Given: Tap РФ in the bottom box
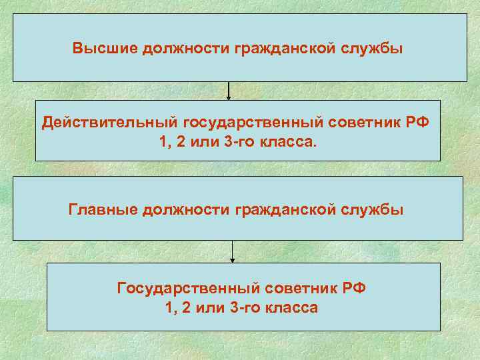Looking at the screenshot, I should (355, 289).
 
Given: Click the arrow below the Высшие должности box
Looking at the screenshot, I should (229, 91).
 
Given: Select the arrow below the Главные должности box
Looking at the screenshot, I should (233, 251).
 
